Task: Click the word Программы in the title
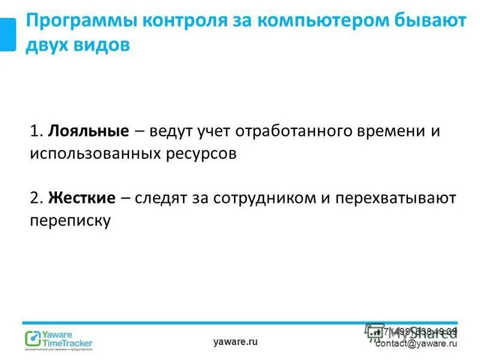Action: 79,22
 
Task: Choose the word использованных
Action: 95,154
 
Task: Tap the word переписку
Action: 70,220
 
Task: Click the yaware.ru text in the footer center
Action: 235,341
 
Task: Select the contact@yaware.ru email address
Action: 416,344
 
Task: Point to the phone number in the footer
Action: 419,331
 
